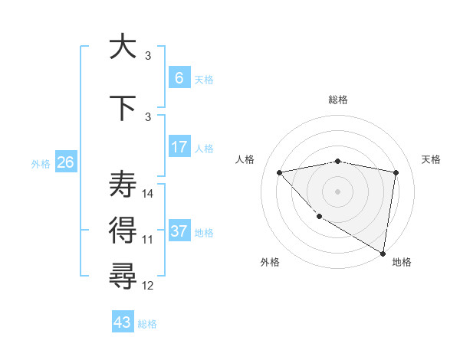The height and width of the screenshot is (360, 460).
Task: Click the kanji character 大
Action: click(123, 47)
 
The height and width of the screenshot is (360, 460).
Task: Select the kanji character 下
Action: click(123, 108)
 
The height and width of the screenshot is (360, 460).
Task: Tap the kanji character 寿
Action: click(123, 185)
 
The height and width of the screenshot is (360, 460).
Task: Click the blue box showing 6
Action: click(179, 77)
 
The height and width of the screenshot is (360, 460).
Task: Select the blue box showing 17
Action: click(179, 146)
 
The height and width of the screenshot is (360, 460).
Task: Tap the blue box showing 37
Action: click(179, 231)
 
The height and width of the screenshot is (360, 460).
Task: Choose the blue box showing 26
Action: click(66, 162)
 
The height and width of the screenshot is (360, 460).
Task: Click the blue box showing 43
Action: click(123, 322)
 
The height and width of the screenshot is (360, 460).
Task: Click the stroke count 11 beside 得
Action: click(148, 240)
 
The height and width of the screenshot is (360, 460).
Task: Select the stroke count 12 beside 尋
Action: click(148, 286)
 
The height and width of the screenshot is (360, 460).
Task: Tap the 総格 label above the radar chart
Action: click(337, 100)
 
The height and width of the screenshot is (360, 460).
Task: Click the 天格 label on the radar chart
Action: click(432, 159)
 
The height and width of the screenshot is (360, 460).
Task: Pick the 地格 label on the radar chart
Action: click(402, 262)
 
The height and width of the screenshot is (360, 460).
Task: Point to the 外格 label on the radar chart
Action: click(270, 262)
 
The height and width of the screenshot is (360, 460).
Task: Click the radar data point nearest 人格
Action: click(279, 172)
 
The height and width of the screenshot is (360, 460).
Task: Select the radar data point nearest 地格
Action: click(383, 253)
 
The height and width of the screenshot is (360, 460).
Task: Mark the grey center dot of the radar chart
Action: click(337, 191)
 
